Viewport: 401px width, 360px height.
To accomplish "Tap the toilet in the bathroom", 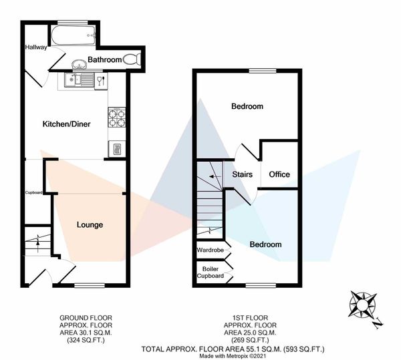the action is pyautogui.click(x=132, y=59).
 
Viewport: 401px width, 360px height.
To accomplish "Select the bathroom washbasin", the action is pyautogui.click(x=80, y=64).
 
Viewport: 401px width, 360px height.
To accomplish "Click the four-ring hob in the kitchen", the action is pyautogui.click(x=117, y=118).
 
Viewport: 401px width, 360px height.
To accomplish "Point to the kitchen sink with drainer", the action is pyautogui.click(x=79, y=79).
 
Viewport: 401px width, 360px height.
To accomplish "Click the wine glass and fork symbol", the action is pyautogui.click(x=101, y=81).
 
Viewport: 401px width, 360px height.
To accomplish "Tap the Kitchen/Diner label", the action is pyautogui.click(x=66, y=124).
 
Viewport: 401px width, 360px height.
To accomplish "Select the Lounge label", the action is pyautogui.click(x=90, y=225).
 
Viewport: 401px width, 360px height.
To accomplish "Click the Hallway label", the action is pyautogui.click(x=36, y=47).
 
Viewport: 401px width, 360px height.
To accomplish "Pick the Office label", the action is pyautogui.click(x=279, y=174).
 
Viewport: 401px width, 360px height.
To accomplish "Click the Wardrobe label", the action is pyautogui.click(x=211, y=250).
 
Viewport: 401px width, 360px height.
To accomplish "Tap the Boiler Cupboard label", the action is pyautogui.click(x=211, y=273).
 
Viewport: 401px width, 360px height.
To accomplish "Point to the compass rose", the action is pyautogui.click(x=362, y=305).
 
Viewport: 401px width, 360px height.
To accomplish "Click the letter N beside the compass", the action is pyautogui.click(x=378, y=324).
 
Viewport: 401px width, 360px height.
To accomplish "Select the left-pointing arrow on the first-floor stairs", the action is pyautogui.click(x=215, y=176).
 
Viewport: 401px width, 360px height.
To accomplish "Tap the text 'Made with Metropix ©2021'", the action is pyautogui.click(x=233, y=355).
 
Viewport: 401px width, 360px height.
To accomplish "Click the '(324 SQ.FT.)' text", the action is pyautogui.click(x=86, y=340).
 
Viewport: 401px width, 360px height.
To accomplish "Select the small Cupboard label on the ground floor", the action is pyautogui.click(x=34, y=192).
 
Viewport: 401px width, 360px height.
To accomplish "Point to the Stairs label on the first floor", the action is pyautogui.click(x=243, y=174).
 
